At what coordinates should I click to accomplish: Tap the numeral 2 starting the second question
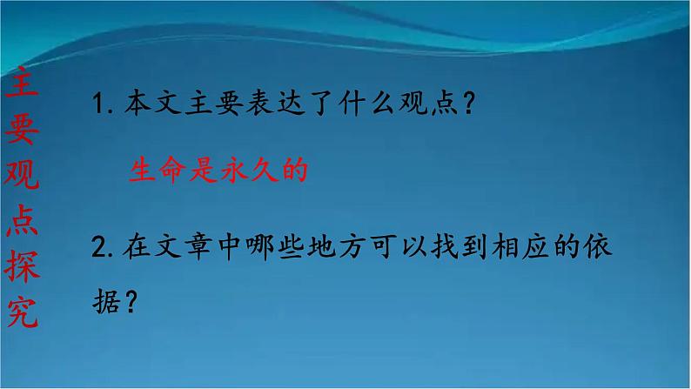[99, 246]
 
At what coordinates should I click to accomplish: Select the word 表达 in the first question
[275, 103]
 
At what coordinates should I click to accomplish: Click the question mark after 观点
[469, 103]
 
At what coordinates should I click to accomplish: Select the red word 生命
[158, 169]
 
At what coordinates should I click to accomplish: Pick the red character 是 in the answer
[204, 169]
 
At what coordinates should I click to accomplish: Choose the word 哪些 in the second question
[275, 246]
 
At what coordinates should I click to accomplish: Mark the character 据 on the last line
[106, 301]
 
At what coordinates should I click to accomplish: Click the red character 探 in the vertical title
[22, 266]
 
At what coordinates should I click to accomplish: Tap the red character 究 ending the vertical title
[23, 311]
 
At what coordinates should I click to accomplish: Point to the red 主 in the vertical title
[21, 83]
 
